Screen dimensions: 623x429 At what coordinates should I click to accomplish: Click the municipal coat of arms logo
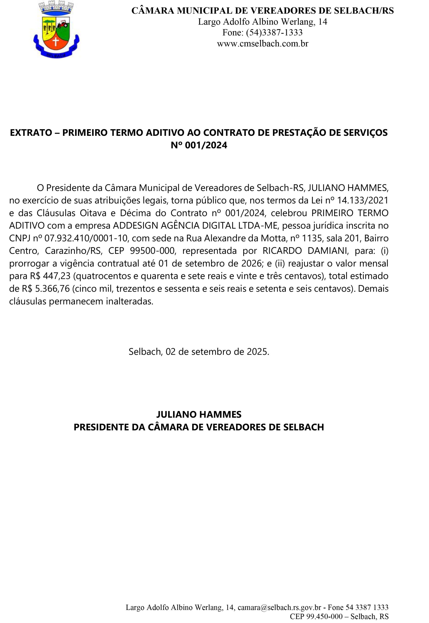point(56,30)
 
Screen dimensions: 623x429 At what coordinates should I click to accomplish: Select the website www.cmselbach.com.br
point(262,44)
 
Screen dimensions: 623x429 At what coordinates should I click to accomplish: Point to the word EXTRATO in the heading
point(31,133)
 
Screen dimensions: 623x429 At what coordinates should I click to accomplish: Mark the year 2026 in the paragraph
point(251,263)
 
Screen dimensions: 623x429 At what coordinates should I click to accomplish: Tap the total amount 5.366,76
point(53,288)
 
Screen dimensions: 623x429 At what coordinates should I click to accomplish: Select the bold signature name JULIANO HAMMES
point(199,414)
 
